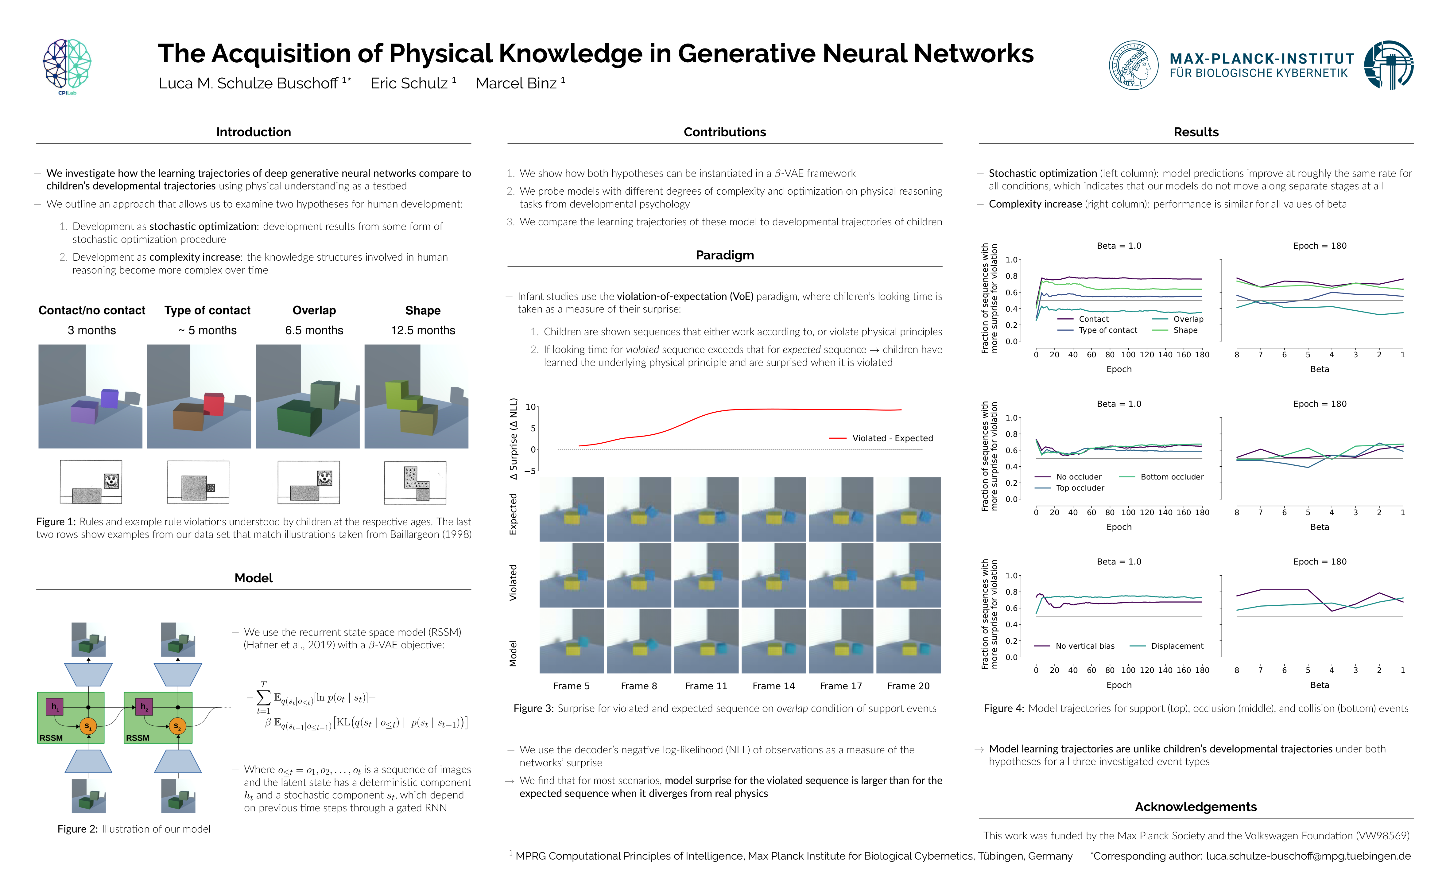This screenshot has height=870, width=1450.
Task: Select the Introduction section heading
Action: (x=253, y=132)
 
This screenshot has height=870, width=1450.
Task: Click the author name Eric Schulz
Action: (x=413, y=83)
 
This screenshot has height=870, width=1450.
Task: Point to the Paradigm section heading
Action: (x=724, y=255)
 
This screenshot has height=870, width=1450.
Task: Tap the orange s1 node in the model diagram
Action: (x=88, y=726)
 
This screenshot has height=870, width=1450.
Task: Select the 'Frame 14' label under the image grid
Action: (x=773, y=686)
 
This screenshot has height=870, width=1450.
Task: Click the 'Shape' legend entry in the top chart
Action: (x=1185, y=330)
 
